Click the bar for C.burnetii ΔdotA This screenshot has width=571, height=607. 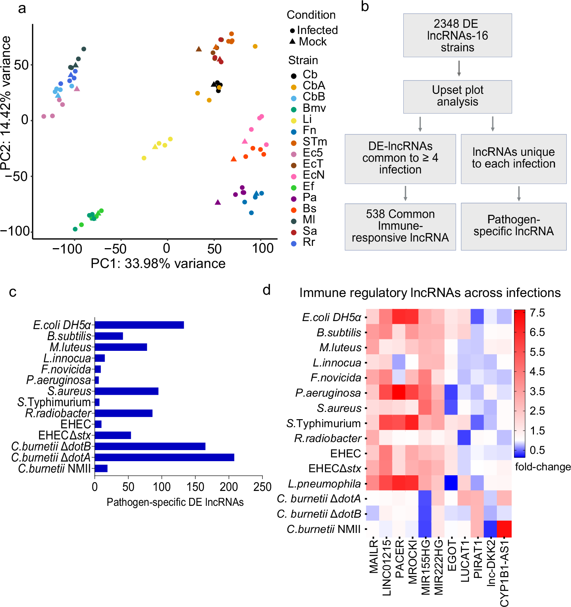coord(164,457)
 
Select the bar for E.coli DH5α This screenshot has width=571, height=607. coord(139,325)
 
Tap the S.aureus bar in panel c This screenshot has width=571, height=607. coord(127,391)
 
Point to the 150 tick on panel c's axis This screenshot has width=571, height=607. coord(195,487)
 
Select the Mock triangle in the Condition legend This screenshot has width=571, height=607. coord(293,41)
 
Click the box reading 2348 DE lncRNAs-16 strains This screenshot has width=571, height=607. coord(457,36)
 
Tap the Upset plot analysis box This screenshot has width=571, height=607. coord(457,96)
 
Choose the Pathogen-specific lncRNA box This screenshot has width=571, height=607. coord(513,226)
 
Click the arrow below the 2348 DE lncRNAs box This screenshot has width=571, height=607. coord(459,68)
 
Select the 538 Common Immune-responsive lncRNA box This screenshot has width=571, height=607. coord(400,226)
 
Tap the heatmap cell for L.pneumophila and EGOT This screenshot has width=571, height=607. coord(451,483)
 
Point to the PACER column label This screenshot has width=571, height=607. coord(399,559)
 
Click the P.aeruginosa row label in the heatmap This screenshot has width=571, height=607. coord(328,393)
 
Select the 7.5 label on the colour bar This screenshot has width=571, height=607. coord(537,313)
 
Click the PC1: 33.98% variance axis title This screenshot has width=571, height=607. coord(158,263)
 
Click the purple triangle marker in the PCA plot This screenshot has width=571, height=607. coord(218,202)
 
